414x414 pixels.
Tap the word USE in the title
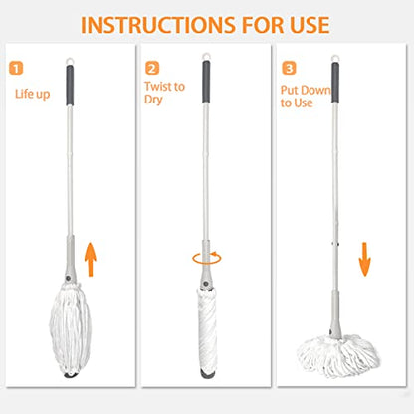[310, 25]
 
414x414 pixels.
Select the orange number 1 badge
[16, 68]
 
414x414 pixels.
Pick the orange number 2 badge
[152, 68]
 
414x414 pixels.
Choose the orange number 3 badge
[289, 68]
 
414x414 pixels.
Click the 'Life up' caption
[33, 94]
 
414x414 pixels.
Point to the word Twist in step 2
[158, 87]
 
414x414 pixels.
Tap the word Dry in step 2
[153, 100]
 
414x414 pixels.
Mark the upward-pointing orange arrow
[91, 260]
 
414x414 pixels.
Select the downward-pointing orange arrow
[364, 260]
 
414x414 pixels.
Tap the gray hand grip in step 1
[70, 86]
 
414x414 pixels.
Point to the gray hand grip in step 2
[206, 82]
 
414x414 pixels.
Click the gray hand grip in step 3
[335, 83]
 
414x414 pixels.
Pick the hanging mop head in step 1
[71, 328]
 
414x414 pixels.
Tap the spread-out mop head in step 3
[337, 356]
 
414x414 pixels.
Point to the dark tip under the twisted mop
[208, 374]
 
